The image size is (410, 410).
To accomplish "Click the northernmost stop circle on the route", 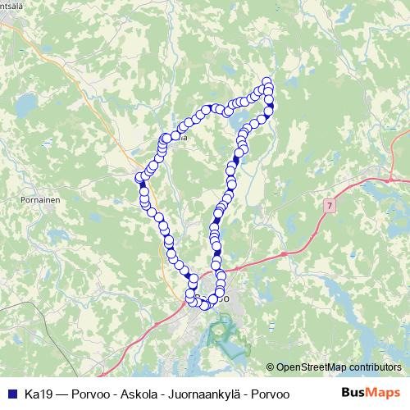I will pos(266,81).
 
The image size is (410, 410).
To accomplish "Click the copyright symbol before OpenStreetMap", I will pos(271,368).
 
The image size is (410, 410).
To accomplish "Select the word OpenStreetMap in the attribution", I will pos(312,368).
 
